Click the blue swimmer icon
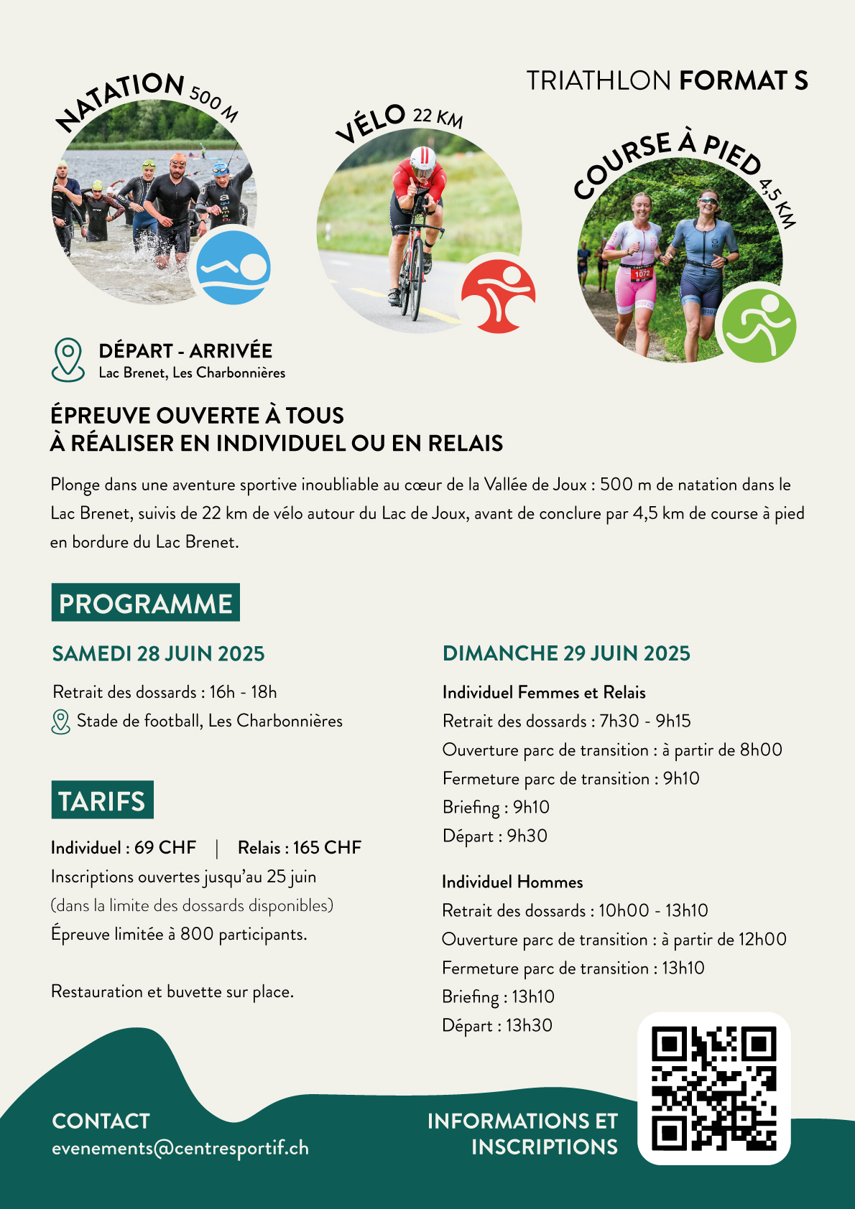click(x=233, y=267)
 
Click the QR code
click(x=714, y=1088)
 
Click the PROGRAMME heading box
click(x=146, y=603)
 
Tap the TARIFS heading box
click(x=102, y=800)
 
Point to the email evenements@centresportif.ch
click(x=180, y=1148)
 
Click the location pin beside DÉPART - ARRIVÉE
click(x=68, y=359)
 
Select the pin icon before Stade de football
click(x=61, y=722)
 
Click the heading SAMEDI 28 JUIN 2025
click(x=158, y=653)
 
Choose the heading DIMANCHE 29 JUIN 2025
click(x=566, y=653)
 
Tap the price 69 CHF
click(x=165, y=848)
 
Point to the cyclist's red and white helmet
click(x=422, y=159)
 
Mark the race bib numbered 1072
click(x=642, y=274)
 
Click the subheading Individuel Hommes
click(x=512, y=882)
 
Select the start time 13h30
click(x=530, y=1025)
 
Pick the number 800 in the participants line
click(x=197, y=934)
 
